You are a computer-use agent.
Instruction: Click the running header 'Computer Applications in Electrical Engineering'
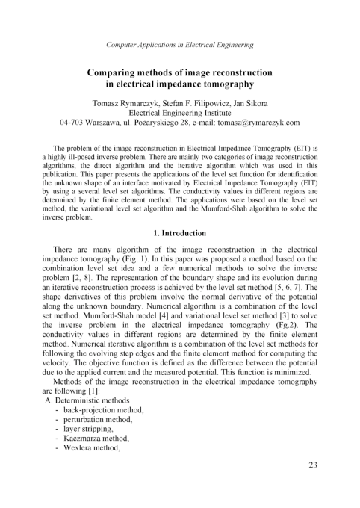[x=179, y=45]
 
